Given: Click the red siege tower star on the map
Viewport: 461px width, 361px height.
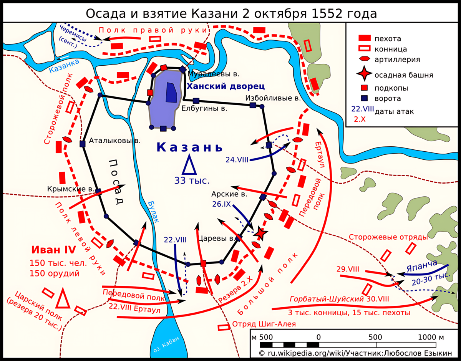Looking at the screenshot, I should click(x=260, y=233).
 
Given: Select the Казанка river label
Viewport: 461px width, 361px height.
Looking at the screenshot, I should click(x=64, y=66).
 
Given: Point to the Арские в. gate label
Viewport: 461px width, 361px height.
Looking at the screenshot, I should click(x=229, y=194).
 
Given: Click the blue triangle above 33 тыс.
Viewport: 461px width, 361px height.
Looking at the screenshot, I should click(x=189, y=165).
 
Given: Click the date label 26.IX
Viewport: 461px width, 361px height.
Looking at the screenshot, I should click(x=221, y=205).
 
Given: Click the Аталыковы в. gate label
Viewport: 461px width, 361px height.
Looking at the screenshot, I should click(x=114, y=141).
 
